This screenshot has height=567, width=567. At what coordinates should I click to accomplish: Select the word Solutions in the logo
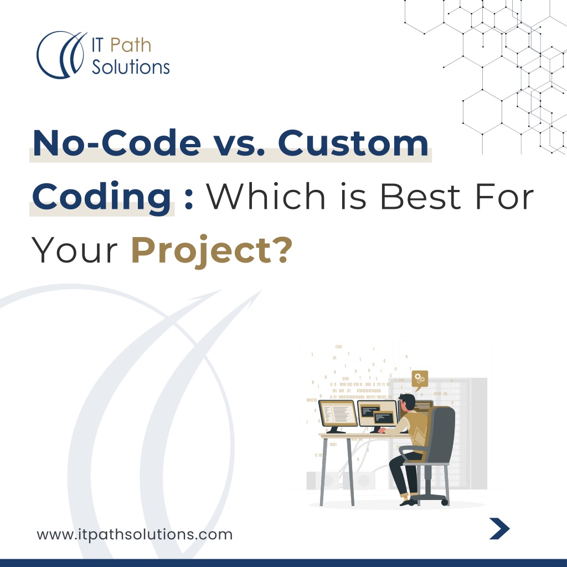pyautogui.click(x=131, y=67)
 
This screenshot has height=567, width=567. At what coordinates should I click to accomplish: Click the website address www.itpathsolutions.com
pyautogui.click(x=135, y=535)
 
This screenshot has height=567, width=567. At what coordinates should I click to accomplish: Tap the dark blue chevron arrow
pyautogui.click(x=499, y=529)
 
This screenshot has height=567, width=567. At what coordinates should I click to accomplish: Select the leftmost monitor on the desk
pyautogui.click(x=337, y=415)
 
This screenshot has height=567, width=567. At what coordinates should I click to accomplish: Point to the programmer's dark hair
pyautogui.click(x=408, y=400)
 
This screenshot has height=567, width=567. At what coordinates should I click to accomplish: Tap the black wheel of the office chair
pyautogui.click(x=444, y=501)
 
